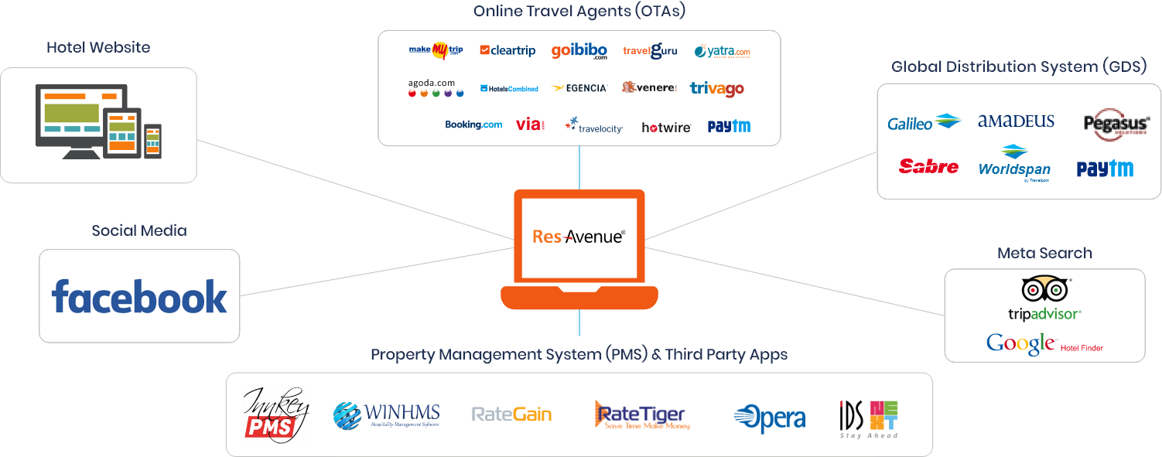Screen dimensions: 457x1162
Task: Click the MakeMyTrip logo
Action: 436,50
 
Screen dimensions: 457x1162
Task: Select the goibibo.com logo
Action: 579,51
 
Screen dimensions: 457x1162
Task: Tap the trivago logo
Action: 716,88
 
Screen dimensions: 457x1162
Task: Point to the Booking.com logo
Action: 473,124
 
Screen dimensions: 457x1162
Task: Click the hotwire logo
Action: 665,127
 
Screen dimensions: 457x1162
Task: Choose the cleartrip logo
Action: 508,50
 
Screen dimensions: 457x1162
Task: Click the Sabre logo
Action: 928,166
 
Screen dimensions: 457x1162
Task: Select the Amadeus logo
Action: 1016,121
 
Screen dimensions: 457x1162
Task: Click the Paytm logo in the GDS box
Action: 1105,169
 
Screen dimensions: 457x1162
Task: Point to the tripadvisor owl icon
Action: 1044,289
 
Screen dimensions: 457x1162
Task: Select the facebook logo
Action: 139,297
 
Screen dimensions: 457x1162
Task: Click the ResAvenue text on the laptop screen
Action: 579,237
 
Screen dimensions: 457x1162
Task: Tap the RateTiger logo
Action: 641,415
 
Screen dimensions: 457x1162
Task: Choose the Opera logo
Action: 769,418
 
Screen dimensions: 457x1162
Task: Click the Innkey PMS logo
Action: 276,415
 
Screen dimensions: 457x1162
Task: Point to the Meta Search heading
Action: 1044,253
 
